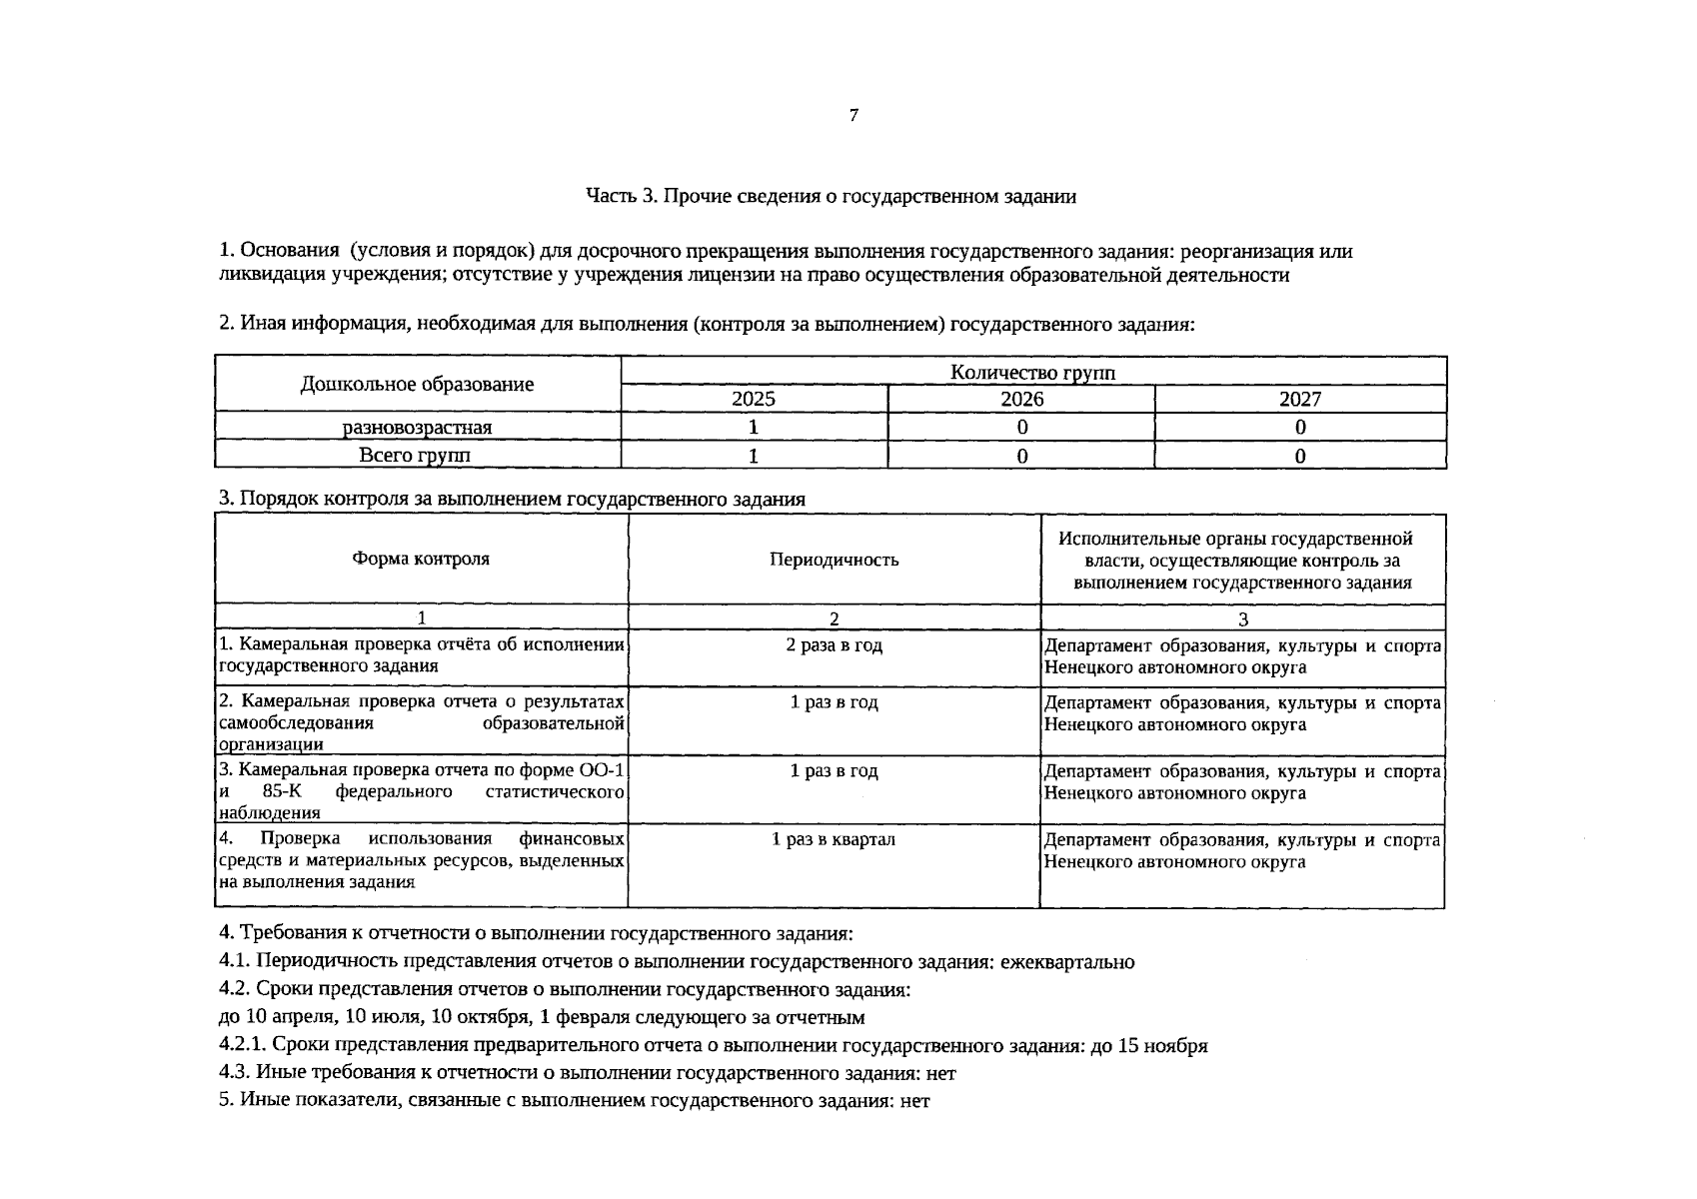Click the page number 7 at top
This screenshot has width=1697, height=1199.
pos(852,116)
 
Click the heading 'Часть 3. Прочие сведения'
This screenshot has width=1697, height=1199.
pos(831,196)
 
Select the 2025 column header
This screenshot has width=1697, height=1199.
pos(754,400)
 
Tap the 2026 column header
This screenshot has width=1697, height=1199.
pos(1021,400)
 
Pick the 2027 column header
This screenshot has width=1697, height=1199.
pos(1299,400)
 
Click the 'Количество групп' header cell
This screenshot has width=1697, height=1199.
pos(1032,373)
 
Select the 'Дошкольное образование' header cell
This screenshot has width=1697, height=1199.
pos(417,385)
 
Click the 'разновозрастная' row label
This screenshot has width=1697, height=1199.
pos(417,428)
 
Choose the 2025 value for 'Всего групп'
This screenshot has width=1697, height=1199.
pos(754,457)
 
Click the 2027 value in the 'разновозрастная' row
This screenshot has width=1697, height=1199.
pos(1299,428)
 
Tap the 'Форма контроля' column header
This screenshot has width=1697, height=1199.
pos(421,560)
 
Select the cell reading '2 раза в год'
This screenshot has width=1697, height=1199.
pos(834,645)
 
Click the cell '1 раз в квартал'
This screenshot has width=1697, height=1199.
pos(834,839)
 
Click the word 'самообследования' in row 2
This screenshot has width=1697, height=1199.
pos(295,723)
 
